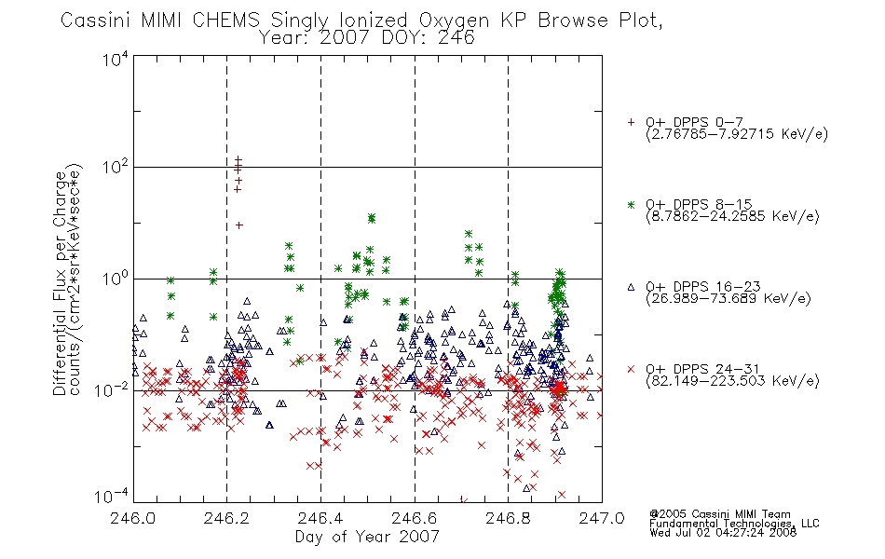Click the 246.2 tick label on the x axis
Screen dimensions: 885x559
(227, 518)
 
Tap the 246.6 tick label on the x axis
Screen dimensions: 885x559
(415, 518)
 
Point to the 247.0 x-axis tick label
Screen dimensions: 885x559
(602, 518)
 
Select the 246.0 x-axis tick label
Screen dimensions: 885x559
(133, 518)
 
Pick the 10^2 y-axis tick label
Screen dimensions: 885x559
(116, 167)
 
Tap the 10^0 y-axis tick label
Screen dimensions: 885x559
(116, 279)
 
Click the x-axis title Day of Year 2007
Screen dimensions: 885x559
(367, 537)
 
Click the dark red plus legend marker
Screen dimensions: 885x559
(631, 122)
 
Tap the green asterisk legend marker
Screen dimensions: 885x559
(631, 205)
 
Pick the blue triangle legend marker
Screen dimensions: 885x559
(631, 287)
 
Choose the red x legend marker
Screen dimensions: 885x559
(631, 369)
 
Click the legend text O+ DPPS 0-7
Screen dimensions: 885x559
(694, 123)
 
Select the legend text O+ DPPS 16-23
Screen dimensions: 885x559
(703, 287)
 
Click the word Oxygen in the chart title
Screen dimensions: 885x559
(454, 20)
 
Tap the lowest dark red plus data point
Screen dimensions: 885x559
(238, 225)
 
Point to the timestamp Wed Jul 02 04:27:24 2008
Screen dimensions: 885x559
(723, 532)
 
